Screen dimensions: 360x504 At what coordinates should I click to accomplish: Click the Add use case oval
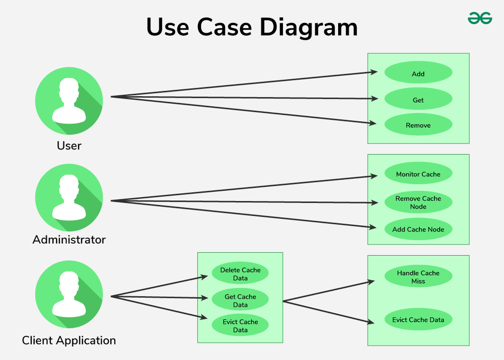418,73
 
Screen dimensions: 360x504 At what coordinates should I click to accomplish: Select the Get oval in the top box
418,99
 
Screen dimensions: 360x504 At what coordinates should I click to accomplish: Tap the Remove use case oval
418,125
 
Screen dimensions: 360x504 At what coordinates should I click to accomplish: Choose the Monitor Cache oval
418,174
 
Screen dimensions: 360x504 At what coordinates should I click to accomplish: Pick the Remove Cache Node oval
418,202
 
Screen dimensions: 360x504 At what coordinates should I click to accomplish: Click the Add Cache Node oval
418,229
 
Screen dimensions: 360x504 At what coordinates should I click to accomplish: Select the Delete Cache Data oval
240,274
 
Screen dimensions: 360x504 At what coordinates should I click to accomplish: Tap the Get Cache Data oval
240,300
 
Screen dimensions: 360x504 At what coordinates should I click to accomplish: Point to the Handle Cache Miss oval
418,277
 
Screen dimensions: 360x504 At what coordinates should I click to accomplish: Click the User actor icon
69,101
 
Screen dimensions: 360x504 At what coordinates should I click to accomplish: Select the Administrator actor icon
69,198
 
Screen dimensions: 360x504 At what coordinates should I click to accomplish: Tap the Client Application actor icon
69,295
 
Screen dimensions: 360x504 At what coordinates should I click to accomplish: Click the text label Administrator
69,240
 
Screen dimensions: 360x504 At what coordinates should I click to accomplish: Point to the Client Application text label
69,340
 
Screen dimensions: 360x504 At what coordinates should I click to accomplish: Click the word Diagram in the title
309,27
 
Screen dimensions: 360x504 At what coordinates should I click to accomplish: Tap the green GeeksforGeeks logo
479,18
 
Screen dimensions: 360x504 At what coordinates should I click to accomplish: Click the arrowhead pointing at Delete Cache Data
205,277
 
